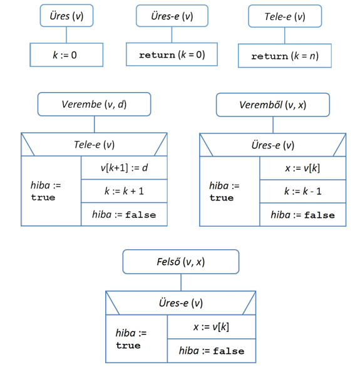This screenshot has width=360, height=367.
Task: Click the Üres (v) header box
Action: click(x=66, y=16)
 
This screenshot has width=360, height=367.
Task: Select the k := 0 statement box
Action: click(x=66, y=54)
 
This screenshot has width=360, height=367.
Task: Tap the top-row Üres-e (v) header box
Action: click(x=172, y=16)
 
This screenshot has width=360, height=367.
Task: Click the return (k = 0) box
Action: click(x=172, y=54)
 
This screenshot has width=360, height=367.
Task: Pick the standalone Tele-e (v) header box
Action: click(x=285, y=16)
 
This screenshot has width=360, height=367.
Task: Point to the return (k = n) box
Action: click(x=285, y=56)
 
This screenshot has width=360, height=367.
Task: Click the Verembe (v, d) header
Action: click(x=95, y=104)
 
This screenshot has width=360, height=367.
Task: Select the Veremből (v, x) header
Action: click(x=273, y=105)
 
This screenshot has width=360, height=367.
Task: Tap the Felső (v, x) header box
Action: click(x=181, y=262)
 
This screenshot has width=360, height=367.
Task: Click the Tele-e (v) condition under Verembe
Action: click(x=95, y=145)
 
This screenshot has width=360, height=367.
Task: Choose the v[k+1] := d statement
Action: click(x=124, y=168)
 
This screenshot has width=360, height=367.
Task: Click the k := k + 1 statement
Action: click(x=124, y=191)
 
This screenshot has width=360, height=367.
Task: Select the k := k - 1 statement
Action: click(x=303, y=192)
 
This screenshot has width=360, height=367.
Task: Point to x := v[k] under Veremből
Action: click(x=303, y=168)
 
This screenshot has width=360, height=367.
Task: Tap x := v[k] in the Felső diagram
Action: click(x=212, y=327)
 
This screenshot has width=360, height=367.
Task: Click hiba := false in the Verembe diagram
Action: click(x=124, y=214)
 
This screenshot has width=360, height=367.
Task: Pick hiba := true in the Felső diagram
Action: click(x=131, y=339)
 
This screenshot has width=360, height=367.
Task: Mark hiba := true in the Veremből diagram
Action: click(x=224, y=192)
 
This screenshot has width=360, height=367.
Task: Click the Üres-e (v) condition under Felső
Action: click(x=181, y=303)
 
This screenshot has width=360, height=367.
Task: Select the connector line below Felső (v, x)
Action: click(x=181, y=282)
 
